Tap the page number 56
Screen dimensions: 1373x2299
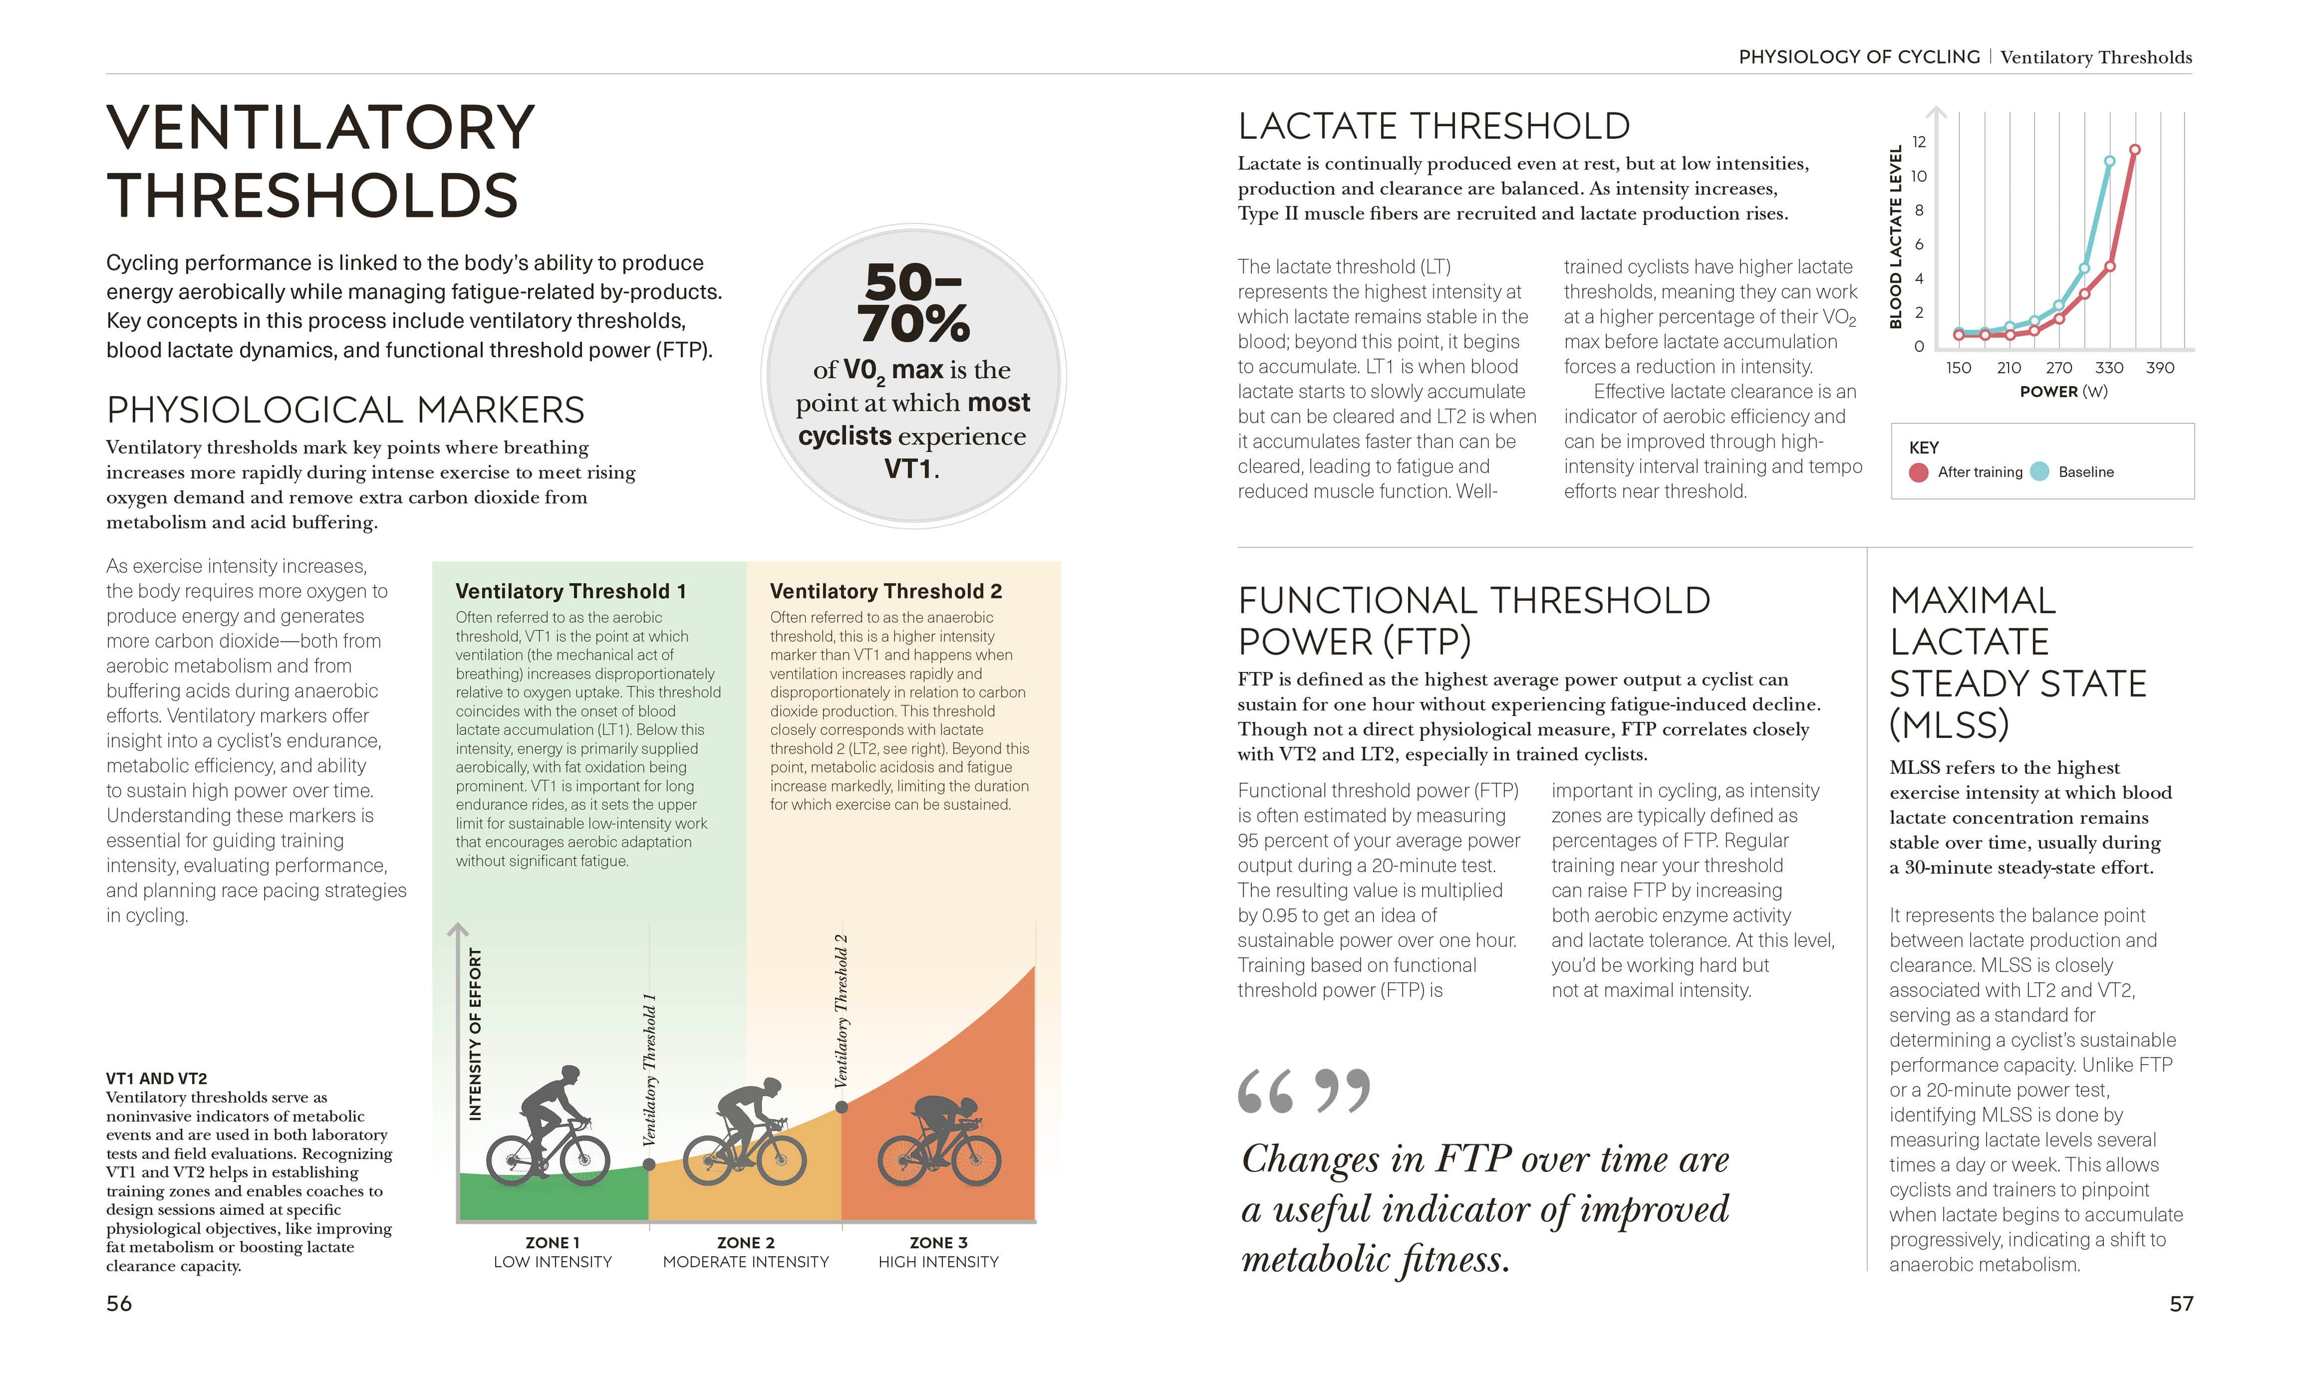[x=119, y=1304]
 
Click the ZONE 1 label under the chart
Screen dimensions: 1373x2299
[x=553, y=1243]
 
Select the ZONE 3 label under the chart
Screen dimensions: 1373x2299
[x=938, y=1243]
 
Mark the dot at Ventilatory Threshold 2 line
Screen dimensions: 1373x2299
[x=841, y=1107]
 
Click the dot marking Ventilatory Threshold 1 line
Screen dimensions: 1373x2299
[x=649, y=1165]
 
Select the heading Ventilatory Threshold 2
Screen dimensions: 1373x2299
[x=885, y=591]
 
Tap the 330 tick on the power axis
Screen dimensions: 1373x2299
[x=2109, y=367]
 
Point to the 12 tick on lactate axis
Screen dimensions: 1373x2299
[x=1919, y=142]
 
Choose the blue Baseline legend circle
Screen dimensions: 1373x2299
[x=2039, y=472]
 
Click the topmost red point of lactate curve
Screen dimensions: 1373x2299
[x=2134, y=149]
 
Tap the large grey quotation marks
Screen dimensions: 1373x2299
[x=1303, y=1091]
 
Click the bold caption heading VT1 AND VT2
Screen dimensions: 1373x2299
[x=156, y=1078]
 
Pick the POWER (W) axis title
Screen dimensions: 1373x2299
[x=2063, y=391]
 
